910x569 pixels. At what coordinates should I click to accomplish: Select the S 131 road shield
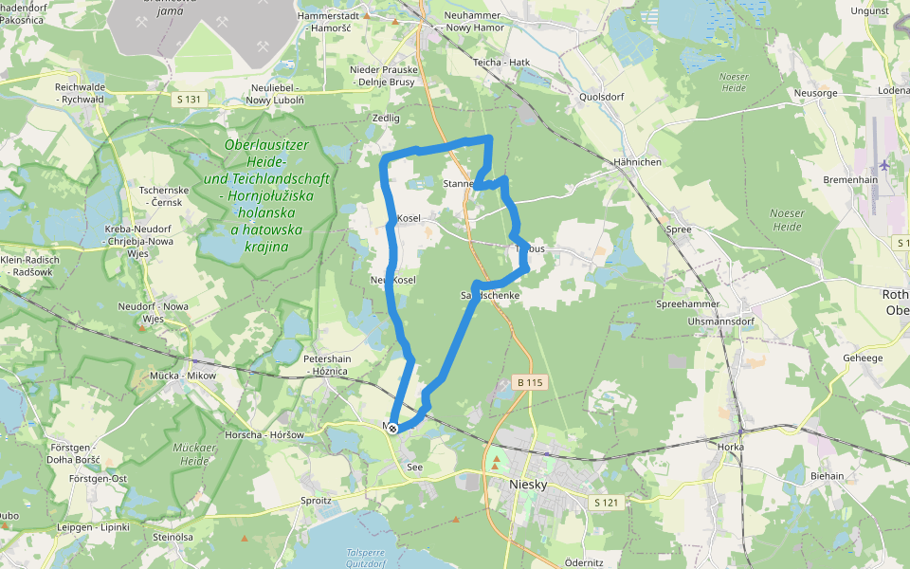coord(189,99)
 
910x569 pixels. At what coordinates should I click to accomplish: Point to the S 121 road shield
coord(606,501)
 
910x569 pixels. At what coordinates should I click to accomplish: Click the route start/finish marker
coord(392,429)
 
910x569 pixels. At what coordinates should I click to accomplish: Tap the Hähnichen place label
coord(637,162)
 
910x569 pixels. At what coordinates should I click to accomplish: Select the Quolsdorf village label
coord(603,97)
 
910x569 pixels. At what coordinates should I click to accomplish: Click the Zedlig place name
coord(387,119)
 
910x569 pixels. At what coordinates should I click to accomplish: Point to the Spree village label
coord(679,229)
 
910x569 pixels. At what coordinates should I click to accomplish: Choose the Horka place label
coord(732,447)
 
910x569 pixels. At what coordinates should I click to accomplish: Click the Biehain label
coord(827,476)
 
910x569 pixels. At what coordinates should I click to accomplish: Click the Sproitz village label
coord(316,499)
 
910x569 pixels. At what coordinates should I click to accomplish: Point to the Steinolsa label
coord(173,537)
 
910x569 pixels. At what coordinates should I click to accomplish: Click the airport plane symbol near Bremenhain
coord(884,164)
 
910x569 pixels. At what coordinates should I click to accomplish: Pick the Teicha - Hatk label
coord(501,63)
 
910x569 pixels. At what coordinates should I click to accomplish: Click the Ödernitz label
coord(584,562)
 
